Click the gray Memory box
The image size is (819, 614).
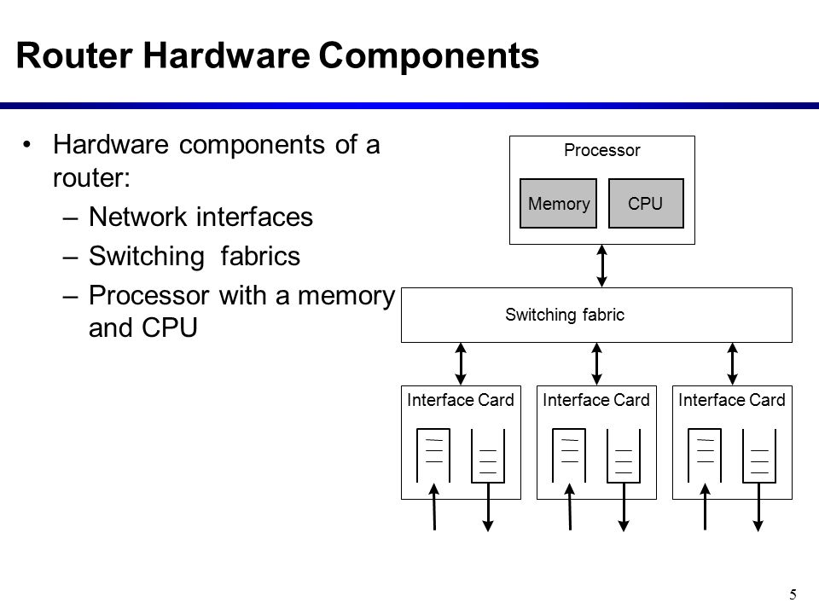click(x=558, y=203)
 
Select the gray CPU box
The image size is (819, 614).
click(x=646, y=203)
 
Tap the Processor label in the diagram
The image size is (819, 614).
click(x=601, y=150)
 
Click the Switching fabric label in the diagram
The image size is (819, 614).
click(x=565, y=315)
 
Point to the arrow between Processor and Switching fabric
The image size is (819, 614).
click(x=601, y=266)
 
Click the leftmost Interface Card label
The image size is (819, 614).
click(x=460, y=400)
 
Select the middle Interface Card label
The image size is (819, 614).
click(x=596, y=400)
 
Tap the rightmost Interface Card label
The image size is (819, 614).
click(x=732, y=400)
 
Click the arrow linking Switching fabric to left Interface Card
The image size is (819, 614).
click(x=461, y=364)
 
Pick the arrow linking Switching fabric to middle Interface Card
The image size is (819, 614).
click(x=596, y=364)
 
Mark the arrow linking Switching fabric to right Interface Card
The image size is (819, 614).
click(x=732, y=364)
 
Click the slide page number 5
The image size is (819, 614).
click(x=793, y=594)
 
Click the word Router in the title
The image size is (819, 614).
click(x=74, y=55)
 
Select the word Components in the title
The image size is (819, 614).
click(x=428, y=55)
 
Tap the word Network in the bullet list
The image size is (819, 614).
click(x=136, y=217)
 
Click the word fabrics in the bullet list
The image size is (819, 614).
click(x=260, y=256)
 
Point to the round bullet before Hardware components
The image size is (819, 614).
click(x=27, y=144)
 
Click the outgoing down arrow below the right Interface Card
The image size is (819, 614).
click(x=758, y=507)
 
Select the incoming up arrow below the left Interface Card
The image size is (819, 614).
click(x=434, y=507)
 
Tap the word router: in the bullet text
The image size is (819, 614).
click(x=91, y=177)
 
